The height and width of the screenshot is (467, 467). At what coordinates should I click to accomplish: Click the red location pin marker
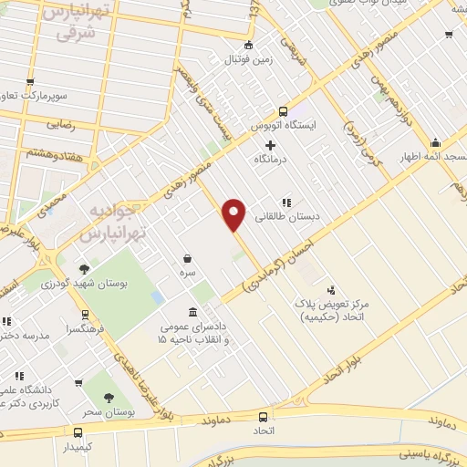tap(235, 213)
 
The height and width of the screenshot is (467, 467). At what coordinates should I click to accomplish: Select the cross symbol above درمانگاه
tap(270, 145)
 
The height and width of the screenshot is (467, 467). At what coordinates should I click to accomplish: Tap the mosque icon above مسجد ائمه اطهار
tap(435, 142)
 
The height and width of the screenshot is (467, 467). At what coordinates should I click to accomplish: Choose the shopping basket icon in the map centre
tap(187, 258)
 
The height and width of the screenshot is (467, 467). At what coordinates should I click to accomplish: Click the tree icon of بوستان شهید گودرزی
tap(85, 269)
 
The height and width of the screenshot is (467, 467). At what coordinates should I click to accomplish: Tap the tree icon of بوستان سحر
tap(109, 398)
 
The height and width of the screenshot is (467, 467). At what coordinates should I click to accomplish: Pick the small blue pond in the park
tap(158, 298)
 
